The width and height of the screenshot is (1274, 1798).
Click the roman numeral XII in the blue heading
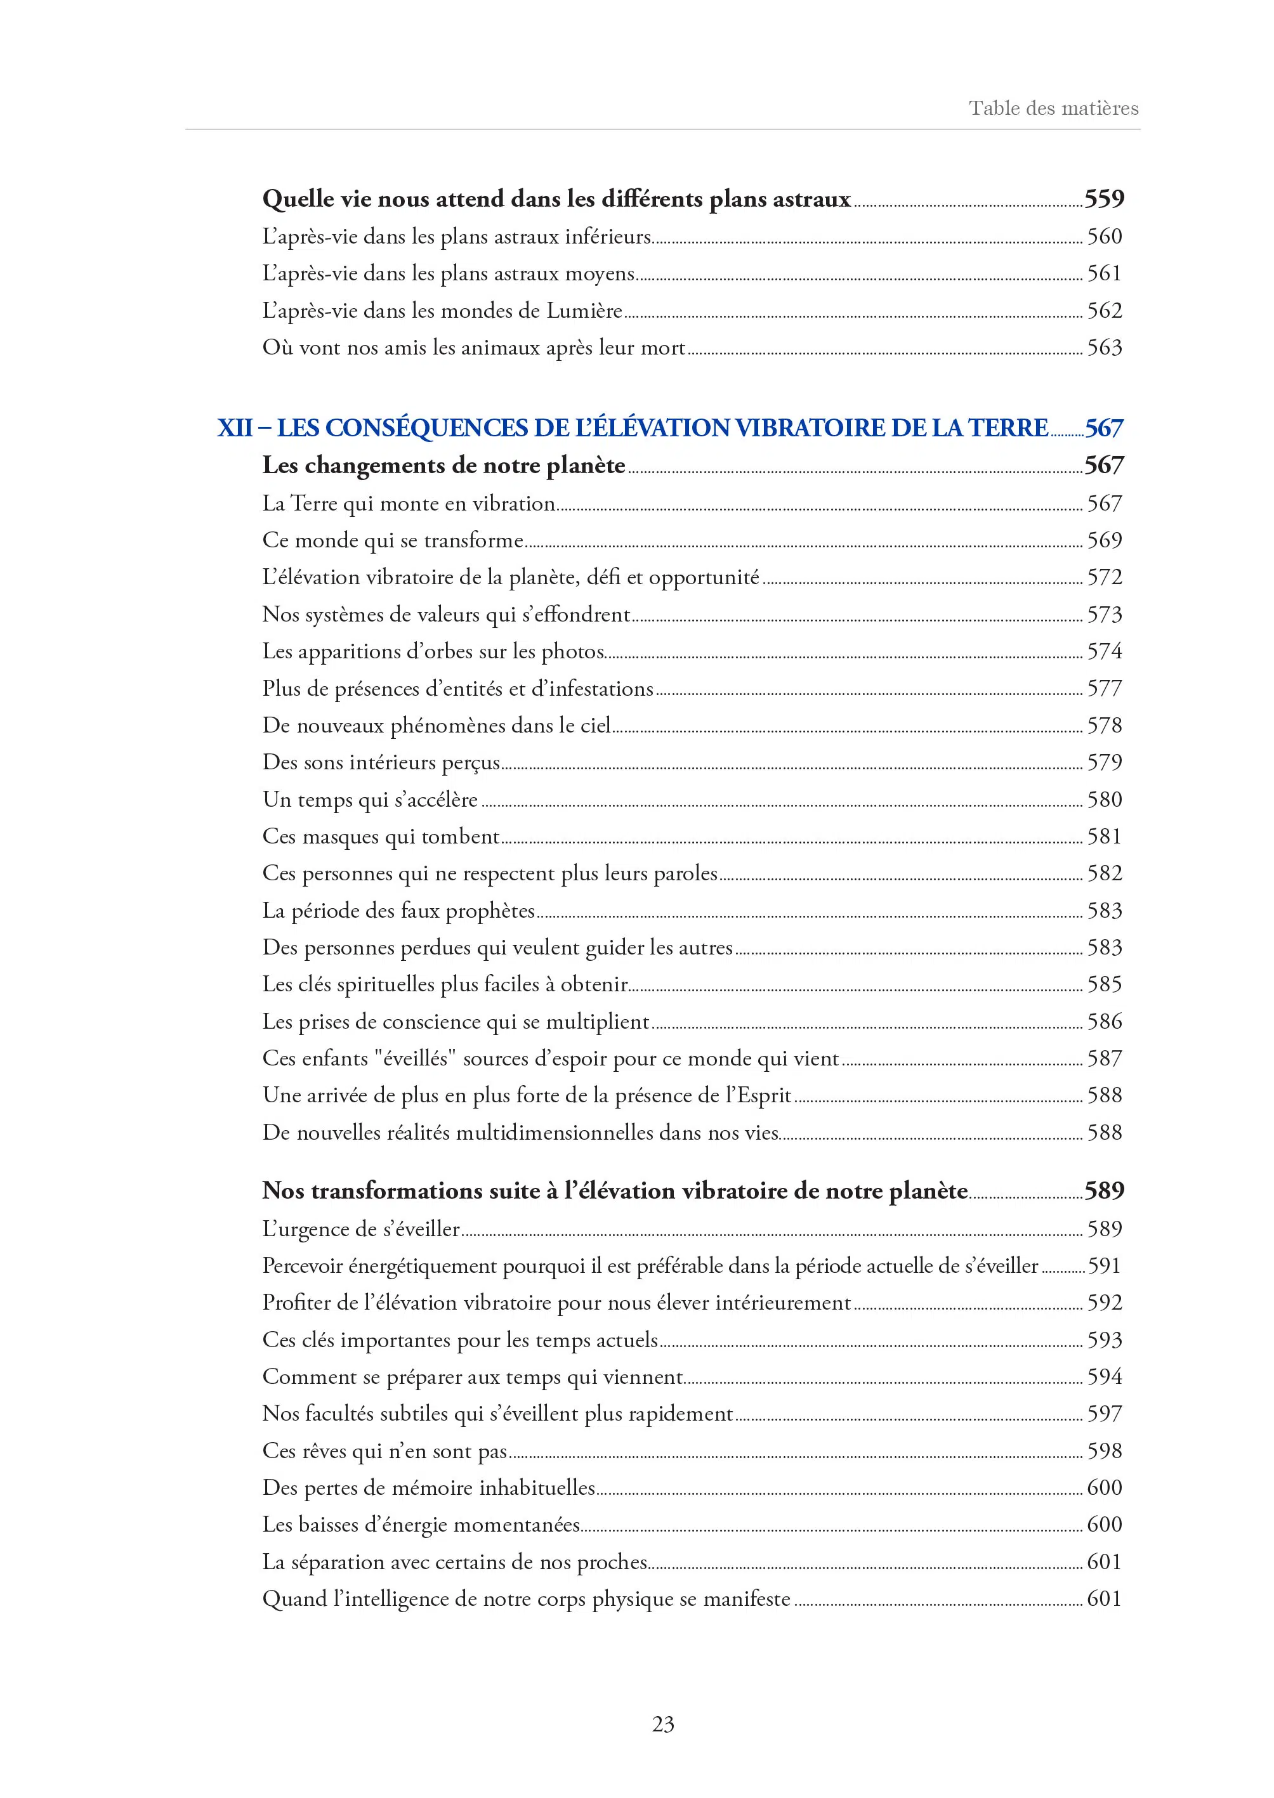[x=235, y=428]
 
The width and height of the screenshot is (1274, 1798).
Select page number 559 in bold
[x=1104, y=199]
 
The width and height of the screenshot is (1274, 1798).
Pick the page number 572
[x=1104, y=578]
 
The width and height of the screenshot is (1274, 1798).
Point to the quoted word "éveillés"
[x=415, y=1059]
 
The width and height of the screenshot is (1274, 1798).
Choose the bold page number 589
[x=1104, y=1191]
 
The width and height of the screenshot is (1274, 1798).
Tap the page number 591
[x=1104, y=1267]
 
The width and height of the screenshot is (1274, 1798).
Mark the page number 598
[x=1104, y=1452]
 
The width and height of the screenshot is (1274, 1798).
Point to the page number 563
[x=1104, y=348]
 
